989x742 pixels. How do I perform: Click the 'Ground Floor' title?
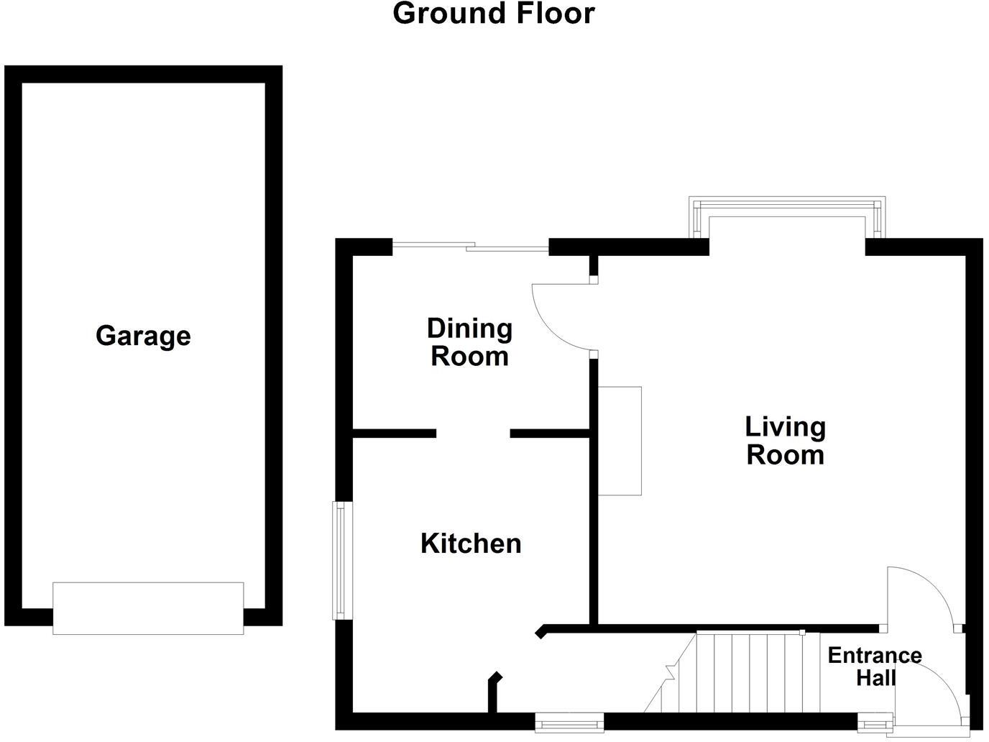494,14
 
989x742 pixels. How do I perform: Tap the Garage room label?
143,336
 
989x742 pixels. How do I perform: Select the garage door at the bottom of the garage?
148,608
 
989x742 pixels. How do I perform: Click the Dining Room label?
469,342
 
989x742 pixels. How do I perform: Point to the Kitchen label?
471,544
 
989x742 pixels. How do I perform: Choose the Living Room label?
785,441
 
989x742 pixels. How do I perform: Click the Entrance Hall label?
874,666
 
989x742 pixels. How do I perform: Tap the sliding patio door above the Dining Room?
471,247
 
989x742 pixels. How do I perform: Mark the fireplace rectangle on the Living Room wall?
620,441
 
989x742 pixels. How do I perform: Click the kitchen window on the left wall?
340,560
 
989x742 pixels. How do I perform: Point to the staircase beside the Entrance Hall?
747,672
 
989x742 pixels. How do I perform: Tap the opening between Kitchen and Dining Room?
473,434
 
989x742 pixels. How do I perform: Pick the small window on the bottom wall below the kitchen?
569,722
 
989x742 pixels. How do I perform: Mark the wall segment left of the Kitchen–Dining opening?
395,434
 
